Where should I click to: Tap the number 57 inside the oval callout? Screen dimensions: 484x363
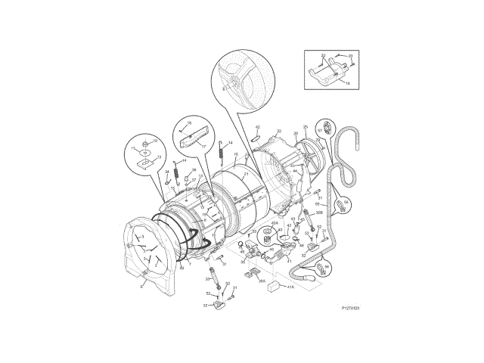pyautogui.click(x=320, y=131)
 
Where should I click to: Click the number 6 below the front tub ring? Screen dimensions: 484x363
pyautogui.click(x=141, y=284)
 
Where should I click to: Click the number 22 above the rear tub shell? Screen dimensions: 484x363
pyautogui.click(x=278, y=131)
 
